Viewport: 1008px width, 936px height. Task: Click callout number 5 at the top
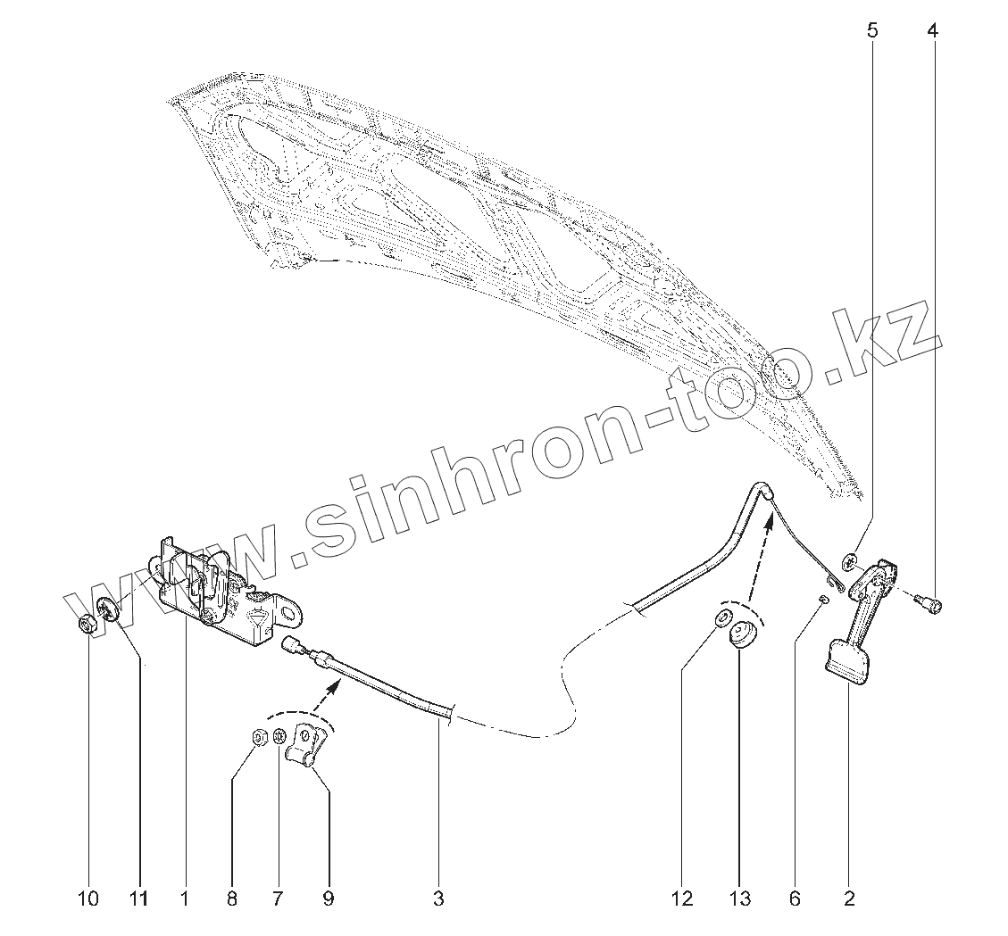tap(872, 31)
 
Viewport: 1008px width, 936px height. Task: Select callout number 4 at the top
tap(933, 31)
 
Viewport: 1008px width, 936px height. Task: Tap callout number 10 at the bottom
tap(87, 899)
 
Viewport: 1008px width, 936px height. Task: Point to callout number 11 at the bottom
tap(139, 899)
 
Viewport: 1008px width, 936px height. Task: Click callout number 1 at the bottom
tap(185, 899)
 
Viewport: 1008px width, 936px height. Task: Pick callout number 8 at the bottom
tap(232, 899)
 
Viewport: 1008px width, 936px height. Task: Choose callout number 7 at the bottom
tap(278, 899)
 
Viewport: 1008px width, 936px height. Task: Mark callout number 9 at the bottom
tap(328, 899)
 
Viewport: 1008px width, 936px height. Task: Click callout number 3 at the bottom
tap(438, 899)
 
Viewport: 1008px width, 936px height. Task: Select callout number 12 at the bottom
tap(682, 899)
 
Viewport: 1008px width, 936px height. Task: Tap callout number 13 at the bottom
tap(740, 899)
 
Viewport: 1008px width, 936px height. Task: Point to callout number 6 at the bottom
tap(795, 899)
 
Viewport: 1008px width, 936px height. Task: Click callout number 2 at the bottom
tap(848, 899)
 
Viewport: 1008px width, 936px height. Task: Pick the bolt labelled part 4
tap(931, 606)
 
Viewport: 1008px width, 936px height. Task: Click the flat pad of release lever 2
tap(847, 660)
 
